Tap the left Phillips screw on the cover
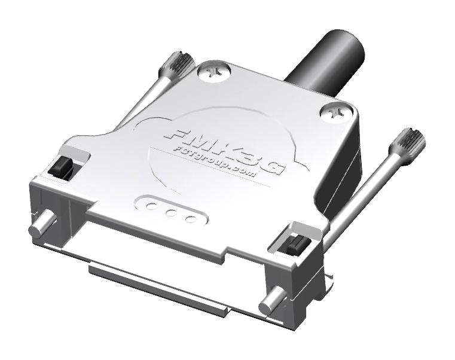tap(213, 72)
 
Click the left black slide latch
tap(62, 169)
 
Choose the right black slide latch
tap(293, 245)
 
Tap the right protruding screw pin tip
tap(268, 306)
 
